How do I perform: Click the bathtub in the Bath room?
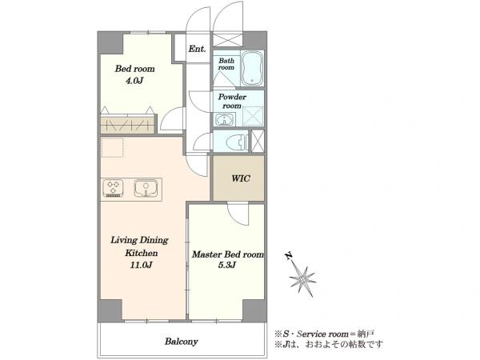[252, 68]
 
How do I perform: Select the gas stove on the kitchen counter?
[114, 188]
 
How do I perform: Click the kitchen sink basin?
[146, 188]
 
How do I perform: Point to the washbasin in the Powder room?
[225, 119]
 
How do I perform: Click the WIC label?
[241, 178]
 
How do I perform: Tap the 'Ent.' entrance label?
[197, 49]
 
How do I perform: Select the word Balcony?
[182, 342]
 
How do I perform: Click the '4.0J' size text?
[134, 81]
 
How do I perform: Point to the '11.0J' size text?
[141, 265]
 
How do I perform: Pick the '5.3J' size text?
[227, 265]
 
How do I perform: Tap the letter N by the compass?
[288, 256]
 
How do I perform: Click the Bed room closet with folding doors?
[127, 124]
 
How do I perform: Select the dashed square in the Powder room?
[253, 116]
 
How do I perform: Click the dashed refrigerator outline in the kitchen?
[112, 148]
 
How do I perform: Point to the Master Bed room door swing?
[238, 214]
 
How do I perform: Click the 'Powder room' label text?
[232, 102]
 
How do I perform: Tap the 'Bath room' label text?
[226, 64]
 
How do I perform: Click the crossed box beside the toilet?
[258, 141]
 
